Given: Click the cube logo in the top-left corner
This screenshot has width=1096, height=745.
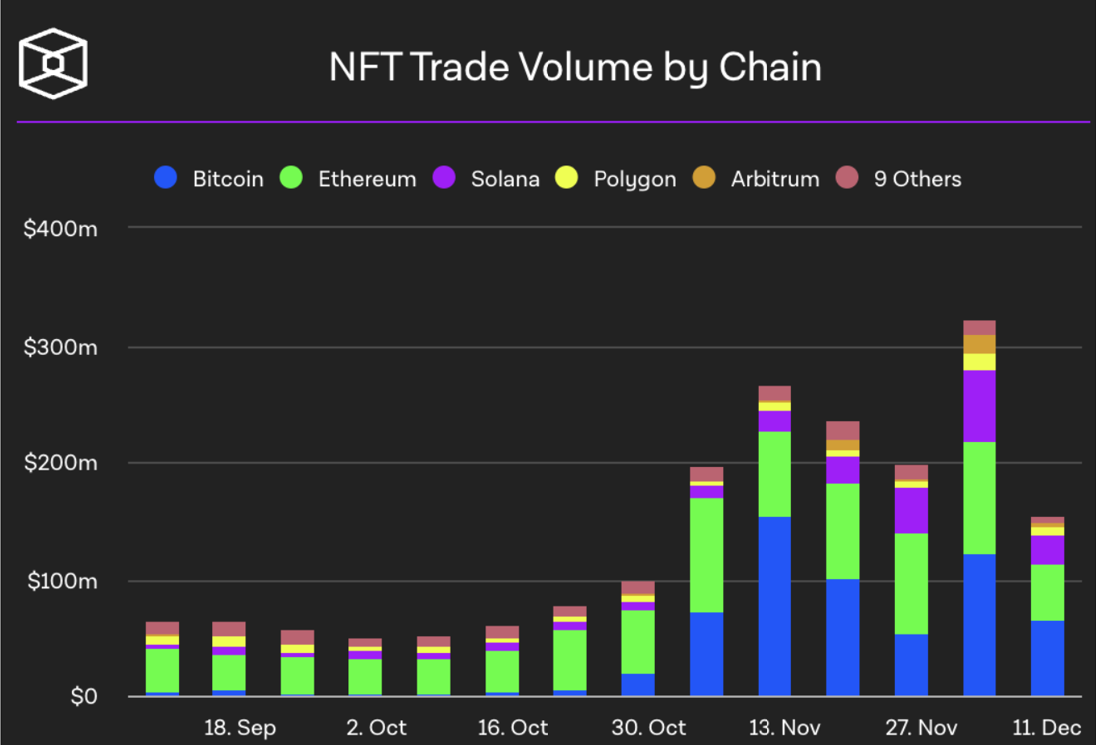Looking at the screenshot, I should (x=53, y=65).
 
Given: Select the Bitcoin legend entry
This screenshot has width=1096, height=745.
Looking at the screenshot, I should (x=210, y=179).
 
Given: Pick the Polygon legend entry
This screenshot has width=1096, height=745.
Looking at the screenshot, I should (x=616, y=179).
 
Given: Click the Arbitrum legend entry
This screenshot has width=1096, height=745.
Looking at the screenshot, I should (x=757, y=179).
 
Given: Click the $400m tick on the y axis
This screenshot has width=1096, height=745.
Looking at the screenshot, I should (x=61, y=228).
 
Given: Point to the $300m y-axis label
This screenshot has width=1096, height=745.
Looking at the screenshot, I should (x=61, y=347).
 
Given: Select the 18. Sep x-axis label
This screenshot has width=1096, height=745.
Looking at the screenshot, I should (x=240, y=728).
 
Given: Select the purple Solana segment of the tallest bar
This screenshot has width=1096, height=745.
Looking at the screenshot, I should (x=980, y=405).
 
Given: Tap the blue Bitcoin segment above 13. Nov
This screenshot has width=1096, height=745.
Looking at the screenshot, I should (x=774, y=606).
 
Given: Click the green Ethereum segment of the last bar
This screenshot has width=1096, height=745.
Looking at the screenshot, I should (x=1047, y=592).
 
